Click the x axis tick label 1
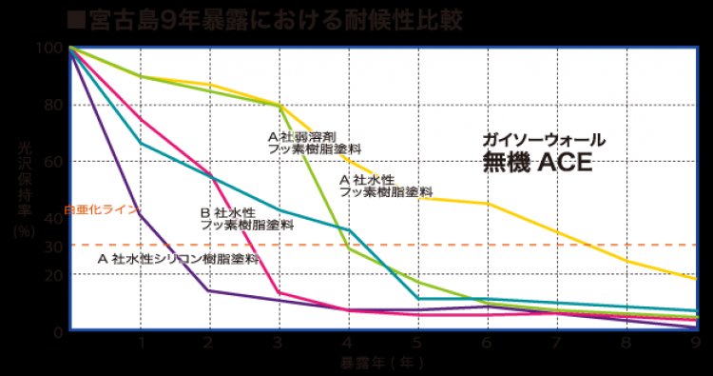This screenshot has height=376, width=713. pos(141,343)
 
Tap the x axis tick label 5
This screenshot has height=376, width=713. pos(417,343)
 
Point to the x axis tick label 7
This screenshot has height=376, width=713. pos(556,343)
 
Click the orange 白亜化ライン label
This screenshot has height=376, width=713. pos(101,208)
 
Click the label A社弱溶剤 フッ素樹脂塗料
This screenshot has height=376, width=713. pos(314,143)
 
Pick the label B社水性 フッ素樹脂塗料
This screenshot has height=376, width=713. pos(246,219)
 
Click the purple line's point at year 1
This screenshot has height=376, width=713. pos(141,214)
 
